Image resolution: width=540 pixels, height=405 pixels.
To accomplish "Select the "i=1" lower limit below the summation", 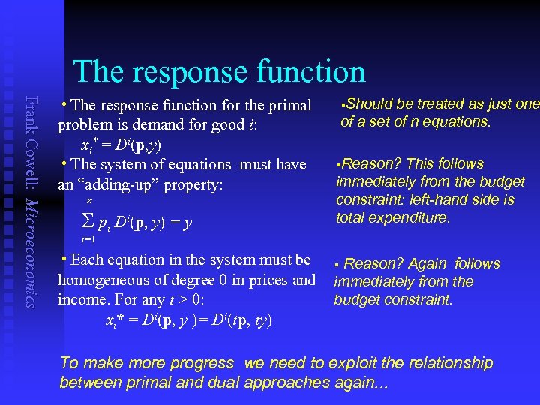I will click(88, 239).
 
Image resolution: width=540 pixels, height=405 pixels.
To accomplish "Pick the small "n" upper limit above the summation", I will click(90, 202).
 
